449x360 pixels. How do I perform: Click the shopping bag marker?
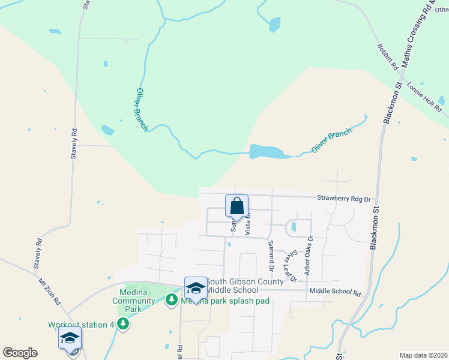tap(237, 206)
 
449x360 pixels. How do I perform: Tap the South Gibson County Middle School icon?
tap(196, 288)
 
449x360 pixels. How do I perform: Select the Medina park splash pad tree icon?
tap(172, 299)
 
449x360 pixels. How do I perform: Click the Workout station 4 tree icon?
tap(123, 324)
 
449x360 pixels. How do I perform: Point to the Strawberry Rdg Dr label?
tap(345, 198)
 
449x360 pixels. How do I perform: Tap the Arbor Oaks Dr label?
tap(308, 255)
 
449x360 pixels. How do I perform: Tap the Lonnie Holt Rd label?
tap(424, 96)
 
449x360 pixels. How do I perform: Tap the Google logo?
tap(20, 353)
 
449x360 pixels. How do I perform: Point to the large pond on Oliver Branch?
tap(268, 151)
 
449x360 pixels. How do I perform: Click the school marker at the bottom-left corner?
tap(70, 339)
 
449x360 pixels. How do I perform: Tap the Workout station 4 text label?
tap(81, 325)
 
